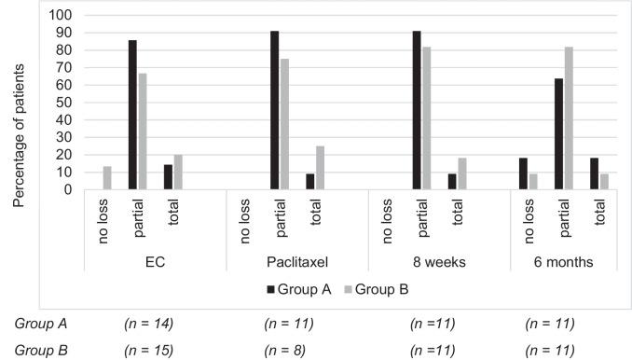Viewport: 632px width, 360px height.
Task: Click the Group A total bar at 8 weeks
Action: point(452,182)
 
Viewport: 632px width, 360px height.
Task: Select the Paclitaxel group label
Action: point(296,262)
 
